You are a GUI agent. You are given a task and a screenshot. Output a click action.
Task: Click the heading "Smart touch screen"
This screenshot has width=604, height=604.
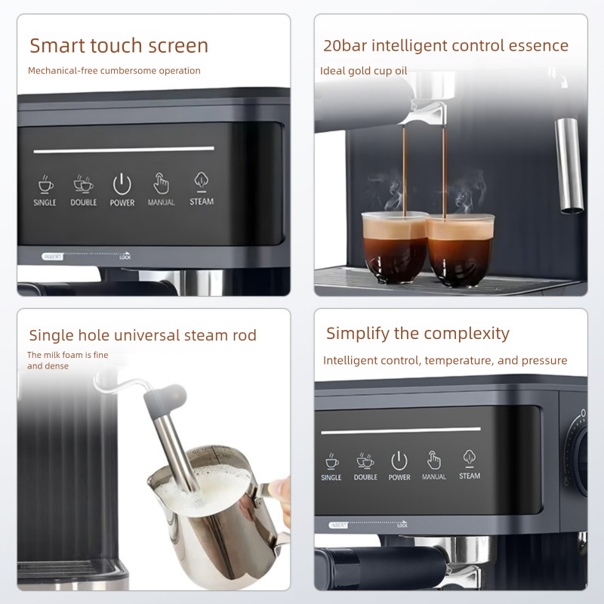point(119,45)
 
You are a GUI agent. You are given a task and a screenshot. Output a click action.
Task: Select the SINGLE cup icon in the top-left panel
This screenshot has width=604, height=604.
point(45,184)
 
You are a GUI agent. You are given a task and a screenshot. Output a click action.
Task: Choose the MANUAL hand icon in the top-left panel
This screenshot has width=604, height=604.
point(161,183)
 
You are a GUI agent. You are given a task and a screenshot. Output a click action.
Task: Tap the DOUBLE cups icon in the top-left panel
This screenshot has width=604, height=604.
point(84,184)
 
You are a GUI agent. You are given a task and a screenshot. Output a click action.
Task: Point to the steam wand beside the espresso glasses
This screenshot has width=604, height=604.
point(569,162)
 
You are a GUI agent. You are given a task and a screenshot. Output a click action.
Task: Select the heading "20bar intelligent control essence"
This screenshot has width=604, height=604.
point(445,45)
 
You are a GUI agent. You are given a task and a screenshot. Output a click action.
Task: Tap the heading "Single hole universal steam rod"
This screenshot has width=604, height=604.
point(143,335)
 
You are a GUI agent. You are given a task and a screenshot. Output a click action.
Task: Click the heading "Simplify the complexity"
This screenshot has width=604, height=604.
point(418,333)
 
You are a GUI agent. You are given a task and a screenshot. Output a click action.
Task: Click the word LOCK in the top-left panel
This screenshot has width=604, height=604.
point(125,257)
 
